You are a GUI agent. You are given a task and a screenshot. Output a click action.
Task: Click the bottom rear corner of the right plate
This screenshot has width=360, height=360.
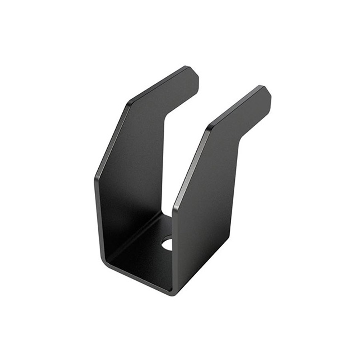228,238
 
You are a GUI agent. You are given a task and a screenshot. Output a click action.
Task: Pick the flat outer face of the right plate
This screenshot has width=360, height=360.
204,212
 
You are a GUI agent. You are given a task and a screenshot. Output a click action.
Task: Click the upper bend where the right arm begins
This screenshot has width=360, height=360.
208,129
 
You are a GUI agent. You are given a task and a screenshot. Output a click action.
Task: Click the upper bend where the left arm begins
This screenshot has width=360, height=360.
129,103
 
